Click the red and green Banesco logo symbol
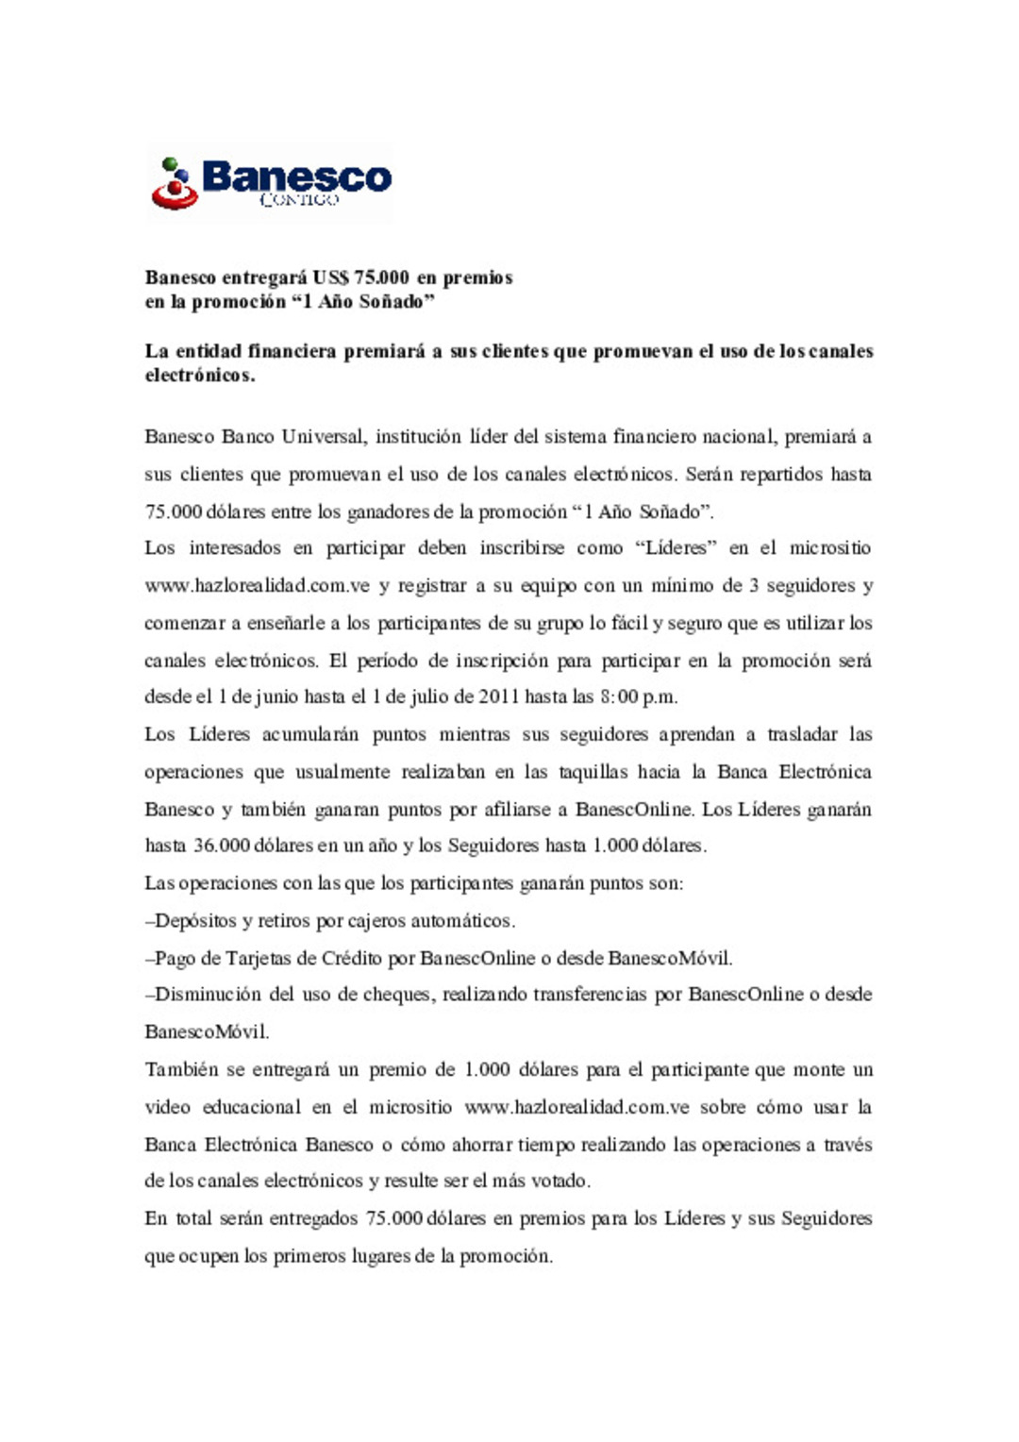click(175, 184)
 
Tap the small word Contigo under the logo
click(298, 200)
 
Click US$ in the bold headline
click(331, 277)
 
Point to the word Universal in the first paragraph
click(323, 437)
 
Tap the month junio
click(278, 697)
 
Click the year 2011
click(499, 697)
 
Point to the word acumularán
click(309, 735)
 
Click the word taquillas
click(593, 773)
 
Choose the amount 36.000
click(222, 846)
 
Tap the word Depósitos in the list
click(195, 921)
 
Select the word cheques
click(397, 995)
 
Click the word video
click(167, 1108)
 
